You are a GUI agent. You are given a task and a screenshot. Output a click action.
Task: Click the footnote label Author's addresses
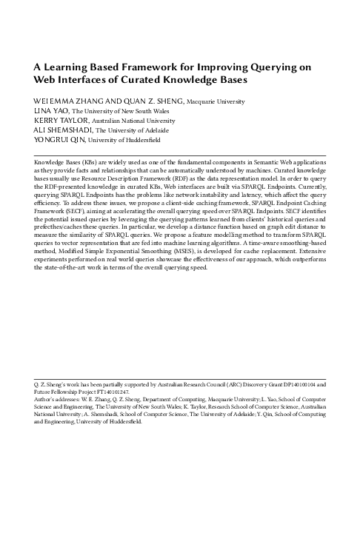(57, 400)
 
